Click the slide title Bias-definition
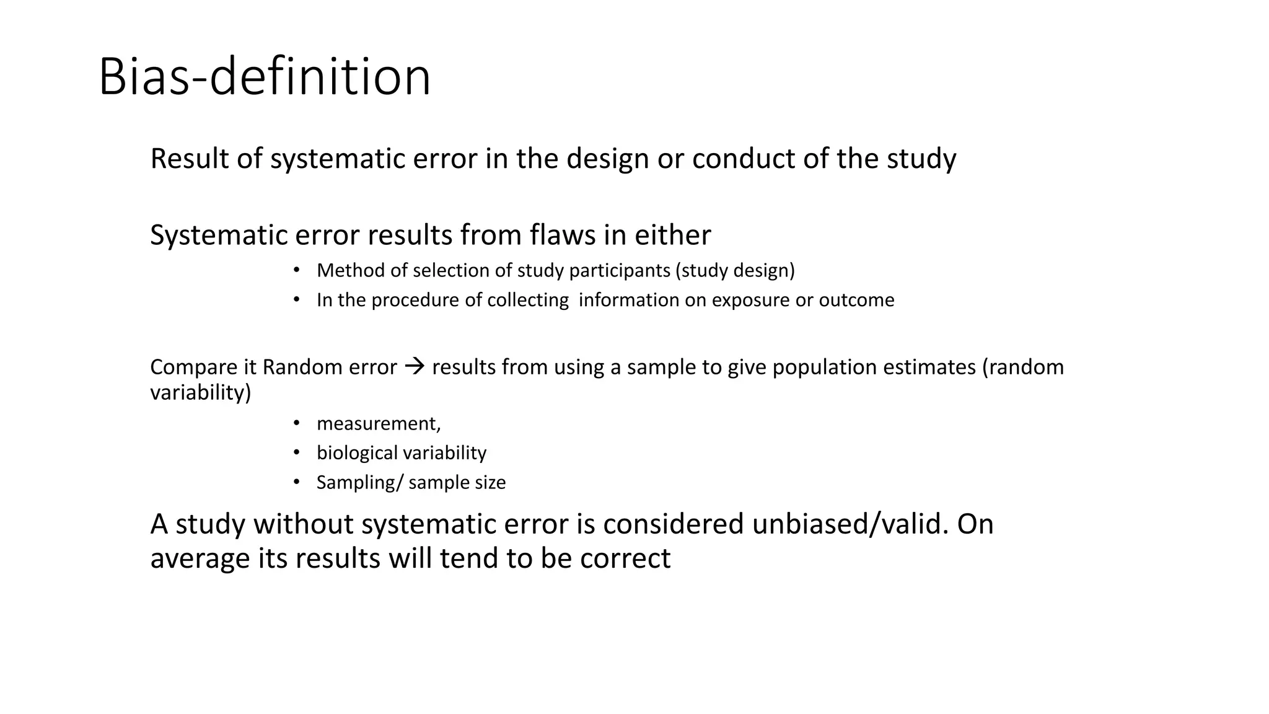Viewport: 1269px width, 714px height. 265,77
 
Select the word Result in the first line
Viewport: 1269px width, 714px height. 190,159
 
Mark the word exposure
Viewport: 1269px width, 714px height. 750,301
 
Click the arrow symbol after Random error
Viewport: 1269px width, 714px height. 414,367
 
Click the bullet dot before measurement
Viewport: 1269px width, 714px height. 297,423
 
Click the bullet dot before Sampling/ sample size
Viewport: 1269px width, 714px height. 297,482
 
